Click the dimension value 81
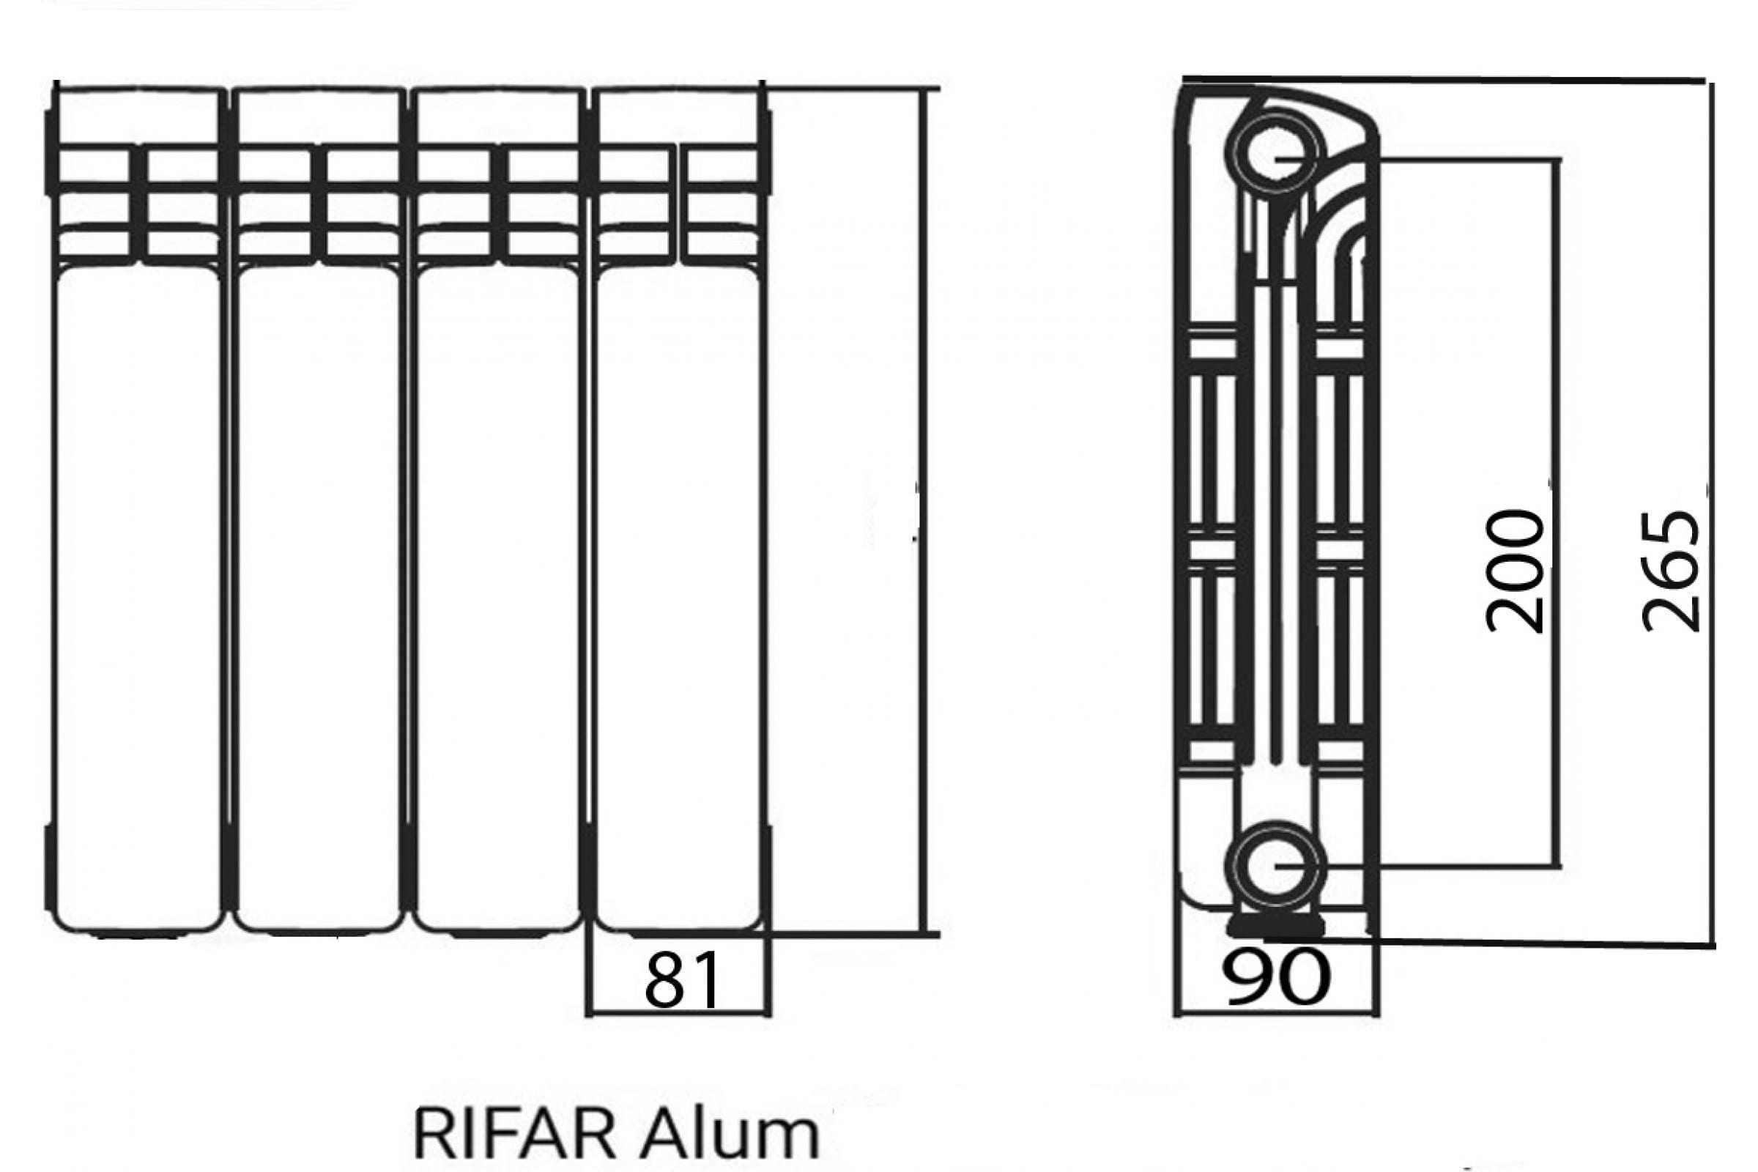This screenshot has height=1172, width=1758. (681, 979)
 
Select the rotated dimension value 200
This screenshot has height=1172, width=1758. (1514, 572)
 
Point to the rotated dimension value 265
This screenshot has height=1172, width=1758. (1671, 572)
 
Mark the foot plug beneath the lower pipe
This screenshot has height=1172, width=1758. (1276, 926)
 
